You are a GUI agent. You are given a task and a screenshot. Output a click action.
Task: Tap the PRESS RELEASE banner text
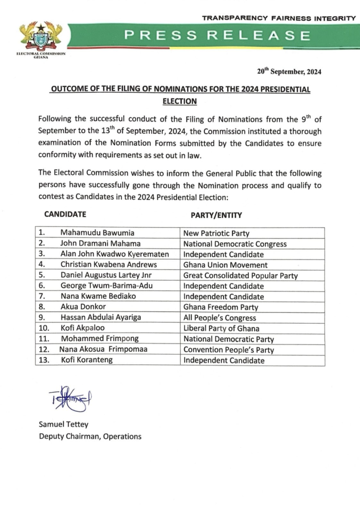pyautogui.click(x=217, y=36)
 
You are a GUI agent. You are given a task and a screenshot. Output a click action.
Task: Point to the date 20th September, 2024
pyautogui.click(x=289, y=72)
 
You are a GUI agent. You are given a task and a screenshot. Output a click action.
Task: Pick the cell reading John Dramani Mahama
pyautogui.click(x=100, y=244)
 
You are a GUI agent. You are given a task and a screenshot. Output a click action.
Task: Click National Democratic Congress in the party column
pyautogui.click(x=235, y=244)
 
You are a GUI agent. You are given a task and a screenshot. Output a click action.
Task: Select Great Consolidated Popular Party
pyautogui.click(x=240, y=276)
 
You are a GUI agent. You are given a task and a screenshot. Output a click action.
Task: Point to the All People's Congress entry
pyautogui.click(x=220, y=318)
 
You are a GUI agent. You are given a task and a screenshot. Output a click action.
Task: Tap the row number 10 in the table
pyautogui.click(x=43, y=329)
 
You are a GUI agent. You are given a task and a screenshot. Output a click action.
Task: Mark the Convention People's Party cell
pyautogui.click(x=229, y=350)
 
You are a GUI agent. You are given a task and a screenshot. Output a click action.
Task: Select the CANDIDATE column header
pyautogui.click(x=65, y=214)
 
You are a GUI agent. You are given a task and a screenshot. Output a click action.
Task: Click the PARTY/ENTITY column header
pyautogui.click(x=216, y=215)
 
